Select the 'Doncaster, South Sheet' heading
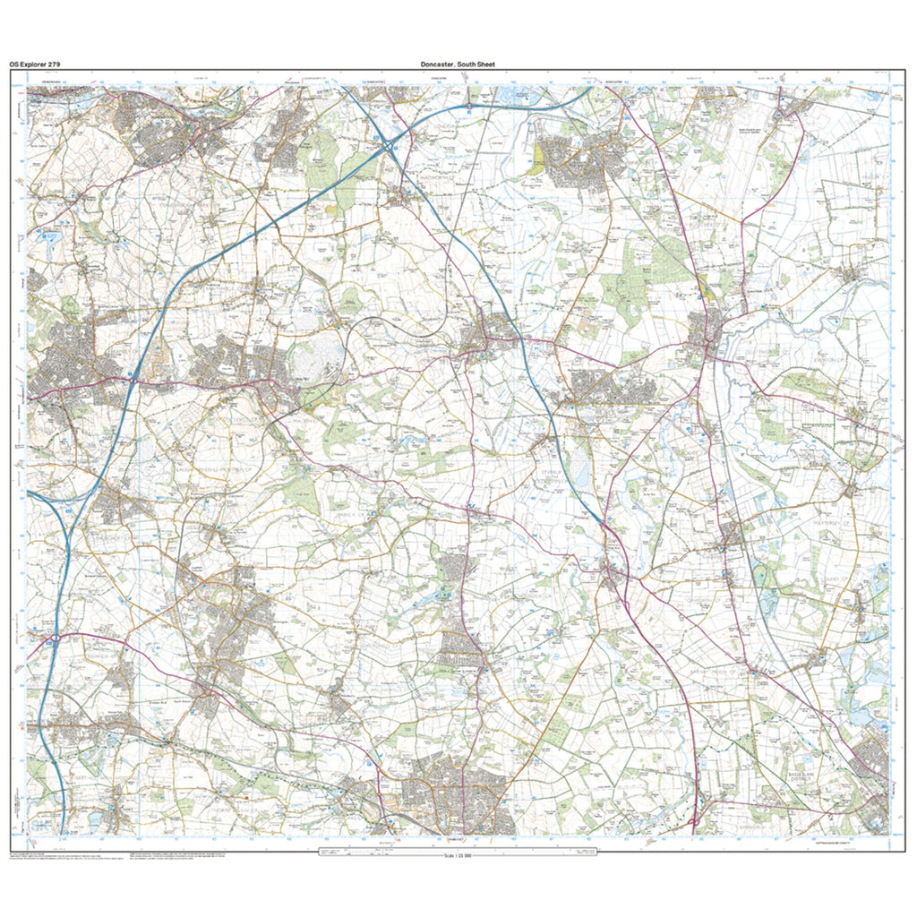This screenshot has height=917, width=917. point(458,64)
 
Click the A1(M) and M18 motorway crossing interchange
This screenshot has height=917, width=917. point(388,146)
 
